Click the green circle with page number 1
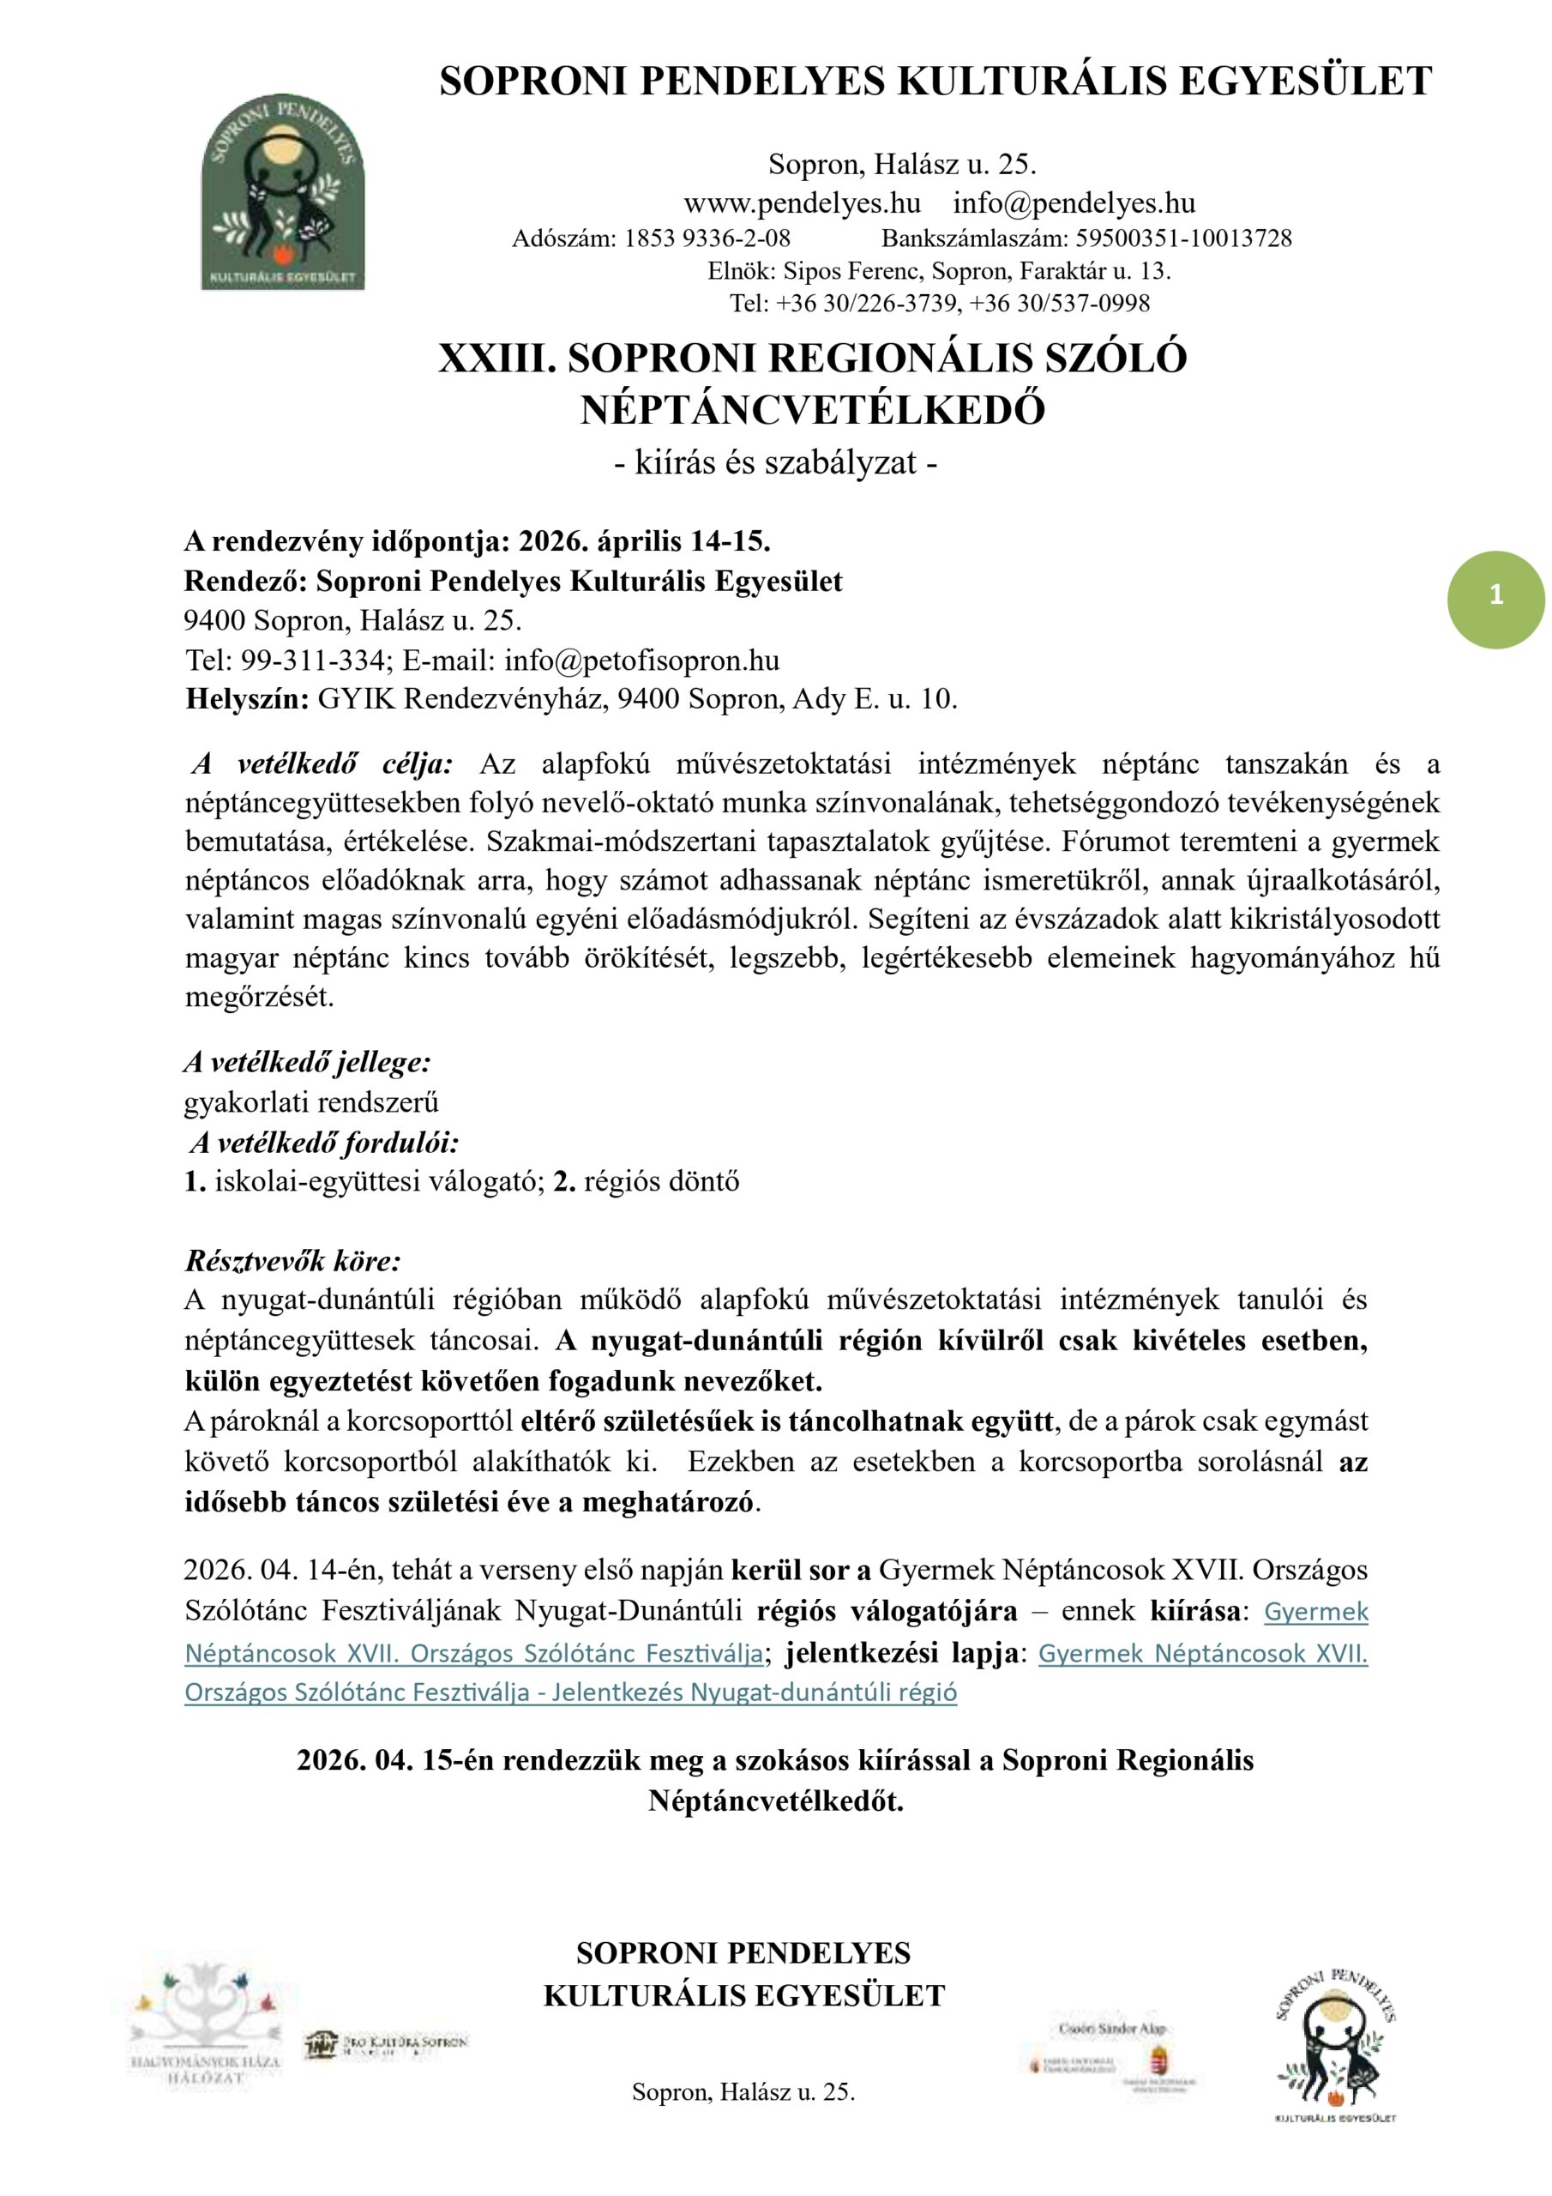click(x=1495, y=599)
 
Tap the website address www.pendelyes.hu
click(x=802, y=203)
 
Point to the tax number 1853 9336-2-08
click(x=707, y=238)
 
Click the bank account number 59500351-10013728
click(x=1184, y=238)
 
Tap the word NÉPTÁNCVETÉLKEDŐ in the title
click(x=812, y=410)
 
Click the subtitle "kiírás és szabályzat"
click(x=774, y=463)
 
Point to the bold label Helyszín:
click(x=247, y=699)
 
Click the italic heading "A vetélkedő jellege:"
click(x=307, y=1062)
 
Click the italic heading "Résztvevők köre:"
click(x=292, y=1261)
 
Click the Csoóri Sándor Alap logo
click(x=1110, y=2055)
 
